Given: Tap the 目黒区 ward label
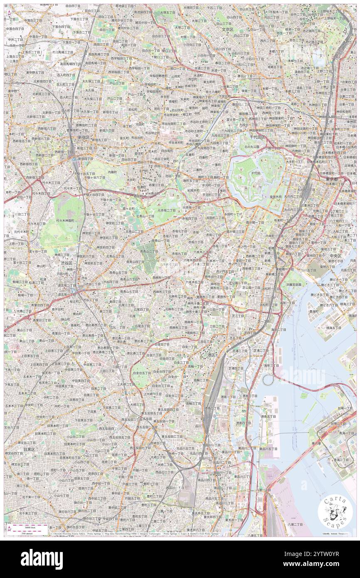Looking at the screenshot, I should tap(28, 449).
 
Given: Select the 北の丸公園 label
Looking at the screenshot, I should tap(251, 146).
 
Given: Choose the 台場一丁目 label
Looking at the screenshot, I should tap(336, 408).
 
